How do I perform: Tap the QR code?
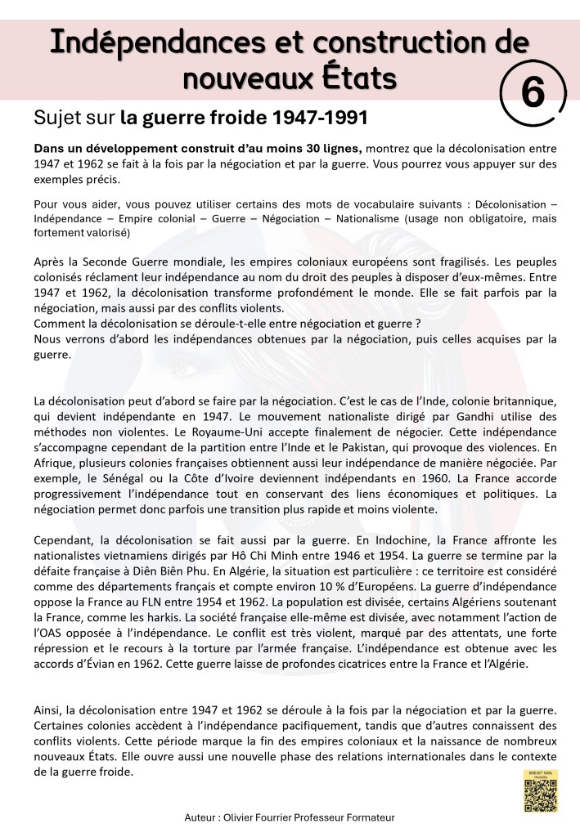point(540,794)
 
